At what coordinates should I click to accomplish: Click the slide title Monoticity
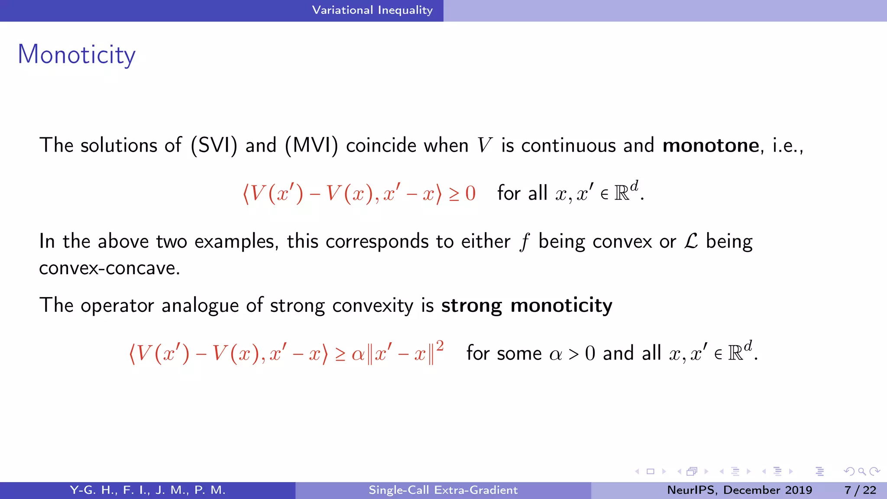tap(76, 55)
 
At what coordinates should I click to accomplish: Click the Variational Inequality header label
tap(372, 10)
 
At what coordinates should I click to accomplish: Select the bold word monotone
tap(710, 145)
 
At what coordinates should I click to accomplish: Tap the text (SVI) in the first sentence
tap(214, 145)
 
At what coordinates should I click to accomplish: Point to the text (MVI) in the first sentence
tap(311, 145)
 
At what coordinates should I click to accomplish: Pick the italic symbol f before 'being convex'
tap(524, 242)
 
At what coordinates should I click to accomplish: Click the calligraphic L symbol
tap(691, 241)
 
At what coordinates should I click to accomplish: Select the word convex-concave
tap(109, 268)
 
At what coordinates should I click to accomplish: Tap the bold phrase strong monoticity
tap(527, 305)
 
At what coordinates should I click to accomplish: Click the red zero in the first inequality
tap(470, 193)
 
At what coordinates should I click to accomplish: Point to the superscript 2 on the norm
tap(440, 346)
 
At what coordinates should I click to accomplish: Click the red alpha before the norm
tap(358, 354)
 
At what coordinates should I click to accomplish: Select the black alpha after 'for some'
tap(556, 354)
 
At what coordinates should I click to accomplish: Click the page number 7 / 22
tap(860, 490)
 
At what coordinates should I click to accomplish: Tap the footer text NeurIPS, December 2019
tap(739, 490)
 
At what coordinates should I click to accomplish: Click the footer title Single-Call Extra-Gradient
tap(443, 490)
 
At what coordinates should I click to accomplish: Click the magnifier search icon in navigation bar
tap(862, 471)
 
